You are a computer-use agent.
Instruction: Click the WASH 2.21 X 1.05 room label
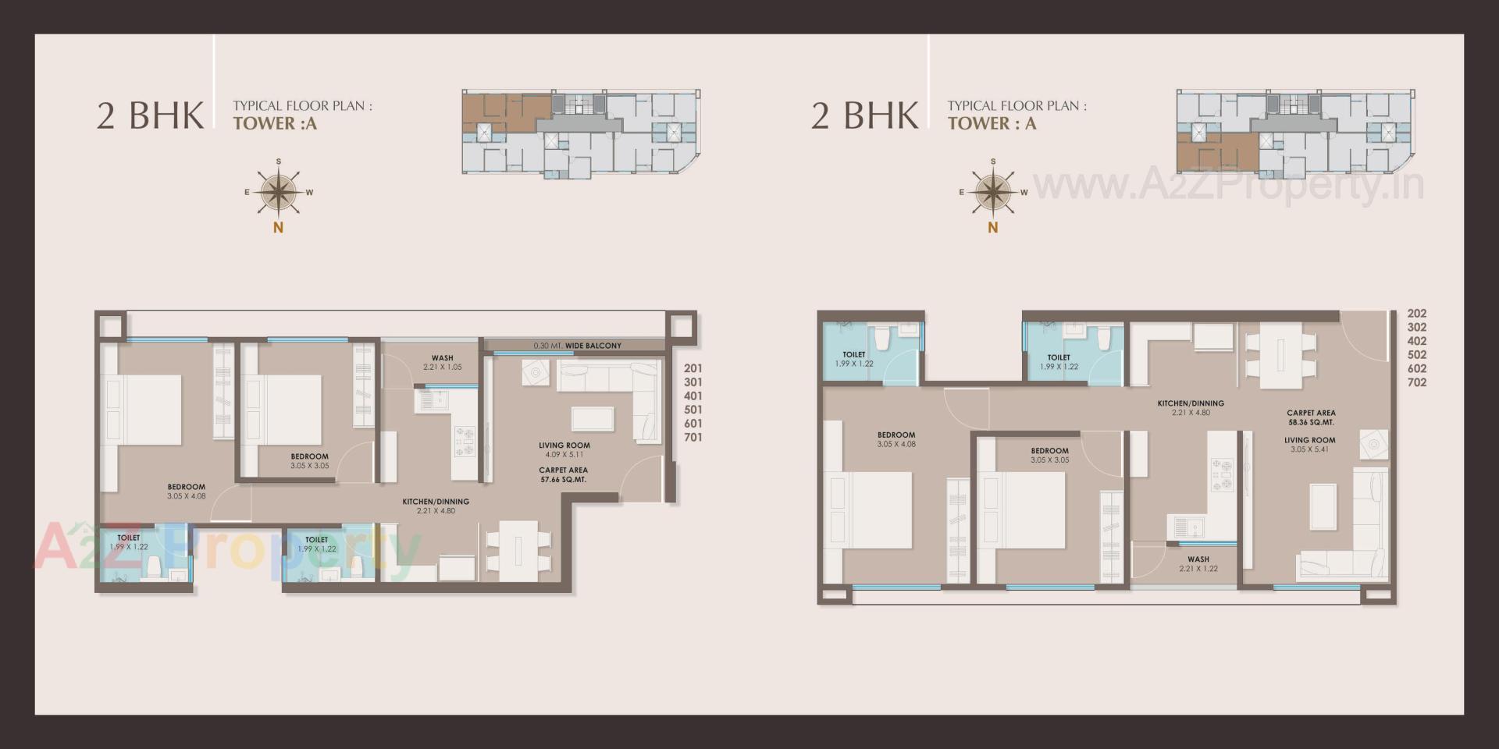443,362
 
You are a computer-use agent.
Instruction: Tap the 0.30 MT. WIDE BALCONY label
577,346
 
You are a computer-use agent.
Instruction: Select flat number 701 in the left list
693,438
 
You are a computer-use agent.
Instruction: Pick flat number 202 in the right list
1417,314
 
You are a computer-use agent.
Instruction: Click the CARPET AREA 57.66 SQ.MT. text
563,475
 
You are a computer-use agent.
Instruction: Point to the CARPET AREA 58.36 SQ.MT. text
1311,417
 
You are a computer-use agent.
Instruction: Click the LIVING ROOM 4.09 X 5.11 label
564,449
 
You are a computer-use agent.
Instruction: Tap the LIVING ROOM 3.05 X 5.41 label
1309,445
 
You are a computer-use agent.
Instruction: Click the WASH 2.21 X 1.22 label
1198,563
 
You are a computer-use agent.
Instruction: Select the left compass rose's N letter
278,228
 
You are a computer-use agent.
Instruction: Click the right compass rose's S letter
993,162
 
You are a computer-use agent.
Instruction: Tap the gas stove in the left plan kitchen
465,441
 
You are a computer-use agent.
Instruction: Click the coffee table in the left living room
593,419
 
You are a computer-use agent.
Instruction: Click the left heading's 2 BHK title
150,115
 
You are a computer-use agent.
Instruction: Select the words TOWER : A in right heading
992,123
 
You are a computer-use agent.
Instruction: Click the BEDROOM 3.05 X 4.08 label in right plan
895,439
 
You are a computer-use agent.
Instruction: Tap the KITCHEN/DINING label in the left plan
436,506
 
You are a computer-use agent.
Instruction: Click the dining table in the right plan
1280,356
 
